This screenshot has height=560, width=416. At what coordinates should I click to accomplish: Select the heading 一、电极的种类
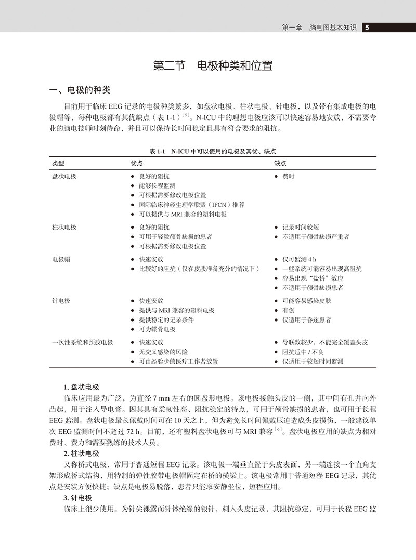79,90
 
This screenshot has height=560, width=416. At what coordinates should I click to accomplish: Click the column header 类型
59,163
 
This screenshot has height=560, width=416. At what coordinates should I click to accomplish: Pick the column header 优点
136,163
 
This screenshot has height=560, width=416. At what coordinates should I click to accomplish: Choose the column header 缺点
280,163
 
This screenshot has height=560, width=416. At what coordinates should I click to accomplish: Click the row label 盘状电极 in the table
64,176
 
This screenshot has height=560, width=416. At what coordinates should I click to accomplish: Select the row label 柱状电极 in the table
64,227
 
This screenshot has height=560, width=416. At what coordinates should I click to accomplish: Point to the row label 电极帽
61,259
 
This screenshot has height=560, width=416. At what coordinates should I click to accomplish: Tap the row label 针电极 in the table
61,301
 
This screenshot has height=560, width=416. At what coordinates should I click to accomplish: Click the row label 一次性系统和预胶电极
83,342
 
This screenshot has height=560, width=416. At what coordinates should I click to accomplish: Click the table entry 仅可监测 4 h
299,259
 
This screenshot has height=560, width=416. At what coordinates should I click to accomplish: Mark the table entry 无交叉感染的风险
163,352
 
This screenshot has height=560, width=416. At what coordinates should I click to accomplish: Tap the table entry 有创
289,310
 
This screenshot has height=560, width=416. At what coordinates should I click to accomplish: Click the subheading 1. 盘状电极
81,387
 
